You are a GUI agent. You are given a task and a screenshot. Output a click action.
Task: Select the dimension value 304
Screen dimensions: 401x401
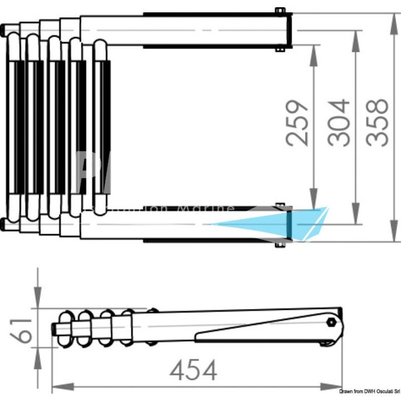point(339,123)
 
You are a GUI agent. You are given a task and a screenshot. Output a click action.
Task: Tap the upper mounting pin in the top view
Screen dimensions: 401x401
point(280,11)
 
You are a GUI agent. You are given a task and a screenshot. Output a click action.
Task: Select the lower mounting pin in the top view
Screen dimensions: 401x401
point(280,245)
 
